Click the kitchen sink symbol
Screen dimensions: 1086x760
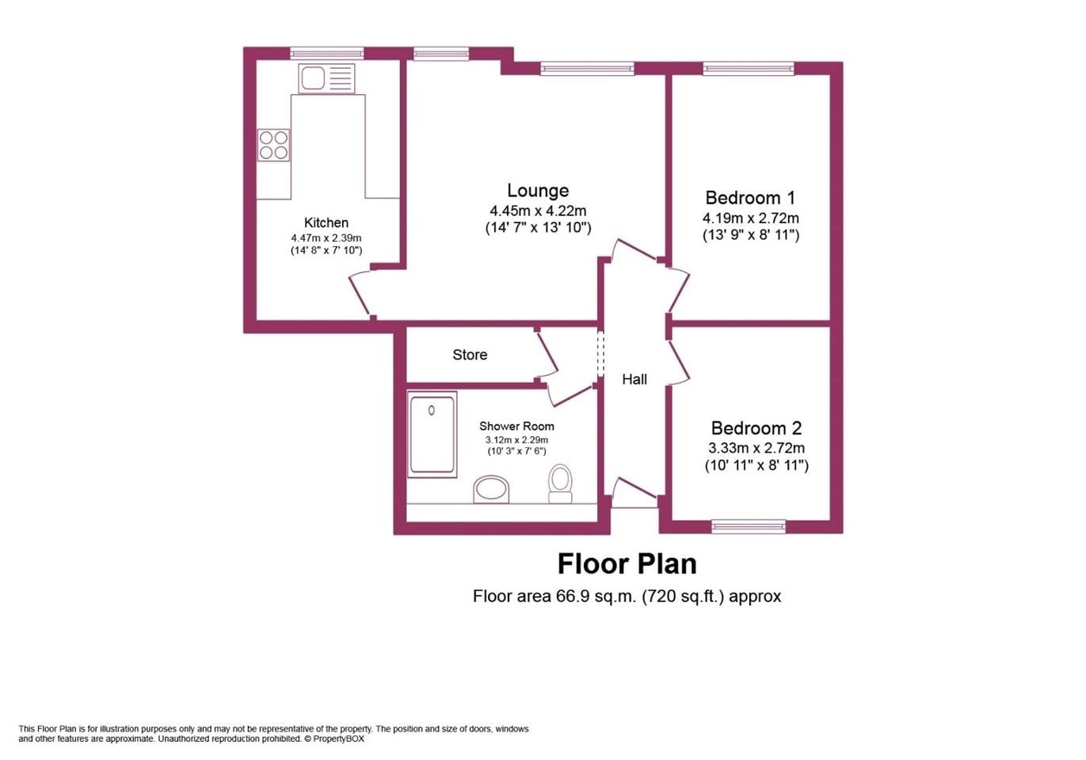coord(327,78)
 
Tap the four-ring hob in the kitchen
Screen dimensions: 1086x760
coord(273,145)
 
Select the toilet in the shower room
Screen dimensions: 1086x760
coord(560,483)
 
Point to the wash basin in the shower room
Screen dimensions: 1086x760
coord(491,489)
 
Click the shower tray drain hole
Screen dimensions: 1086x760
coord(432,411)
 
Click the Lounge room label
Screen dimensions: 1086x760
coord(538,191)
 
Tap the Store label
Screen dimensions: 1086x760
coord(470,355)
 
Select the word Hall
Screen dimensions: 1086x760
coord(634,379)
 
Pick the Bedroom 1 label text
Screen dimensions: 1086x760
coord(750,198)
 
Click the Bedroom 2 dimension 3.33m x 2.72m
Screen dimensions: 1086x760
coord(756,447)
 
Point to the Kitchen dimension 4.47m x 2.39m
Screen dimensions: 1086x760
coord(326,238)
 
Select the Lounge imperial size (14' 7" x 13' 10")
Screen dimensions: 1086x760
coord(538,227)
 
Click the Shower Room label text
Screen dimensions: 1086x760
coord(516,426)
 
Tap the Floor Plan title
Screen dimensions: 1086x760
coord(627,563)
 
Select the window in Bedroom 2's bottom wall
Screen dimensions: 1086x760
coord(749,526)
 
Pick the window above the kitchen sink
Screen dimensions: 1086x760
coord(327,53)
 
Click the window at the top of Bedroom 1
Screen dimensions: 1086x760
coord(749,68)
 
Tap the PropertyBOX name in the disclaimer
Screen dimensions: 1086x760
coord(338,739)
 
